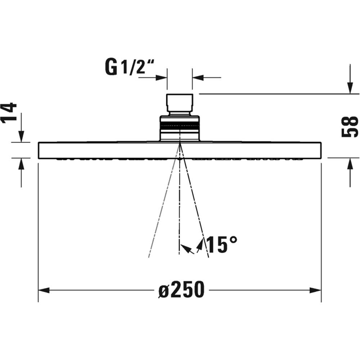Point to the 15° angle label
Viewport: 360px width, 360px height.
pos(222,245)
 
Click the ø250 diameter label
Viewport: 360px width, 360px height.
pos(181,290)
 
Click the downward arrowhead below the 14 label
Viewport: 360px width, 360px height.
pos(21,136)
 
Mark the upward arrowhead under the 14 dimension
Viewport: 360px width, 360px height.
pos(21,164)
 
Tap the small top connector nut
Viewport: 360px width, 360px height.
pos(180,103)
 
